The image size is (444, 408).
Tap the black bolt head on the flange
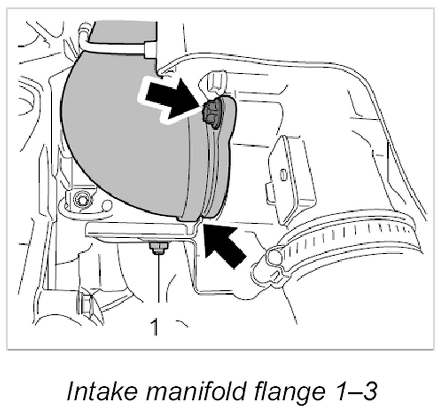click(x=211, y=114)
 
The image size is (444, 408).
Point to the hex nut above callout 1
click(x=157, y=248)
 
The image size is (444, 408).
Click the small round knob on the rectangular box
click(x=283, y=174)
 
